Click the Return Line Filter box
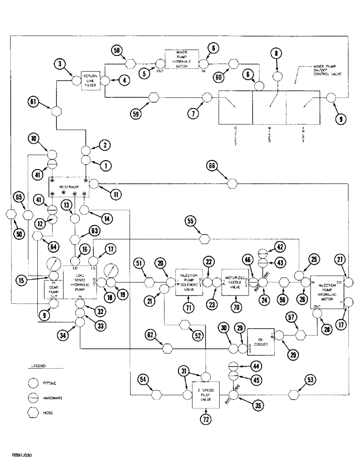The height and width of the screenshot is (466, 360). pyautogui.click(x=91, y=81)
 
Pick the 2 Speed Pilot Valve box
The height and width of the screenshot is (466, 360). pyautogui.click(x=205, y=394)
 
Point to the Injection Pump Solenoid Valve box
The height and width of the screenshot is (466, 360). pyautogui.click(x=189, y=282)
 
